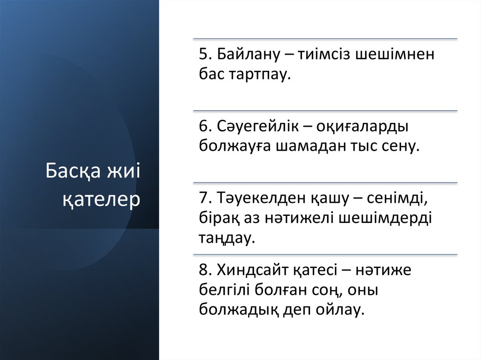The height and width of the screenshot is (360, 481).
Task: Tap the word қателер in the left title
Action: point(101,199)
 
